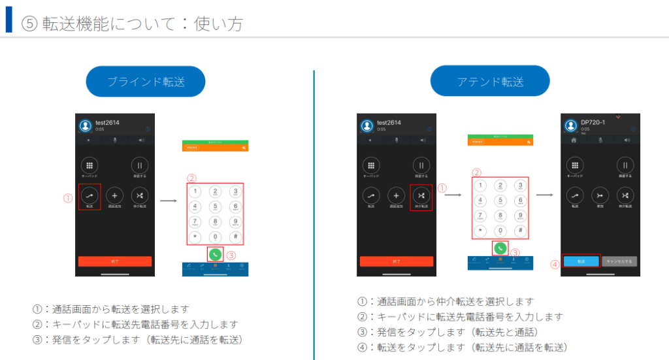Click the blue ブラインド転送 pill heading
[146, 82]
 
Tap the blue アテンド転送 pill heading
[490, 82]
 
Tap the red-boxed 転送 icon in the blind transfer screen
[89, 195]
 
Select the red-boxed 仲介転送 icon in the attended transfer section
[421, 195]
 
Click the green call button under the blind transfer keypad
[215, 254]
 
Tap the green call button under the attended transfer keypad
[500, 248]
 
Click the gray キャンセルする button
[619, 261]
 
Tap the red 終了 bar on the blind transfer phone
[115, 261]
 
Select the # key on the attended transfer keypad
[520, 231]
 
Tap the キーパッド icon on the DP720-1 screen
[575, 166]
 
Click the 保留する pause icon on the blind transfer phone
[140, 166]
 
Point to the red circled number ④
[554, 265]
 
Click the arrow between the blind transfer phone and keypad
[169, 200]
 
